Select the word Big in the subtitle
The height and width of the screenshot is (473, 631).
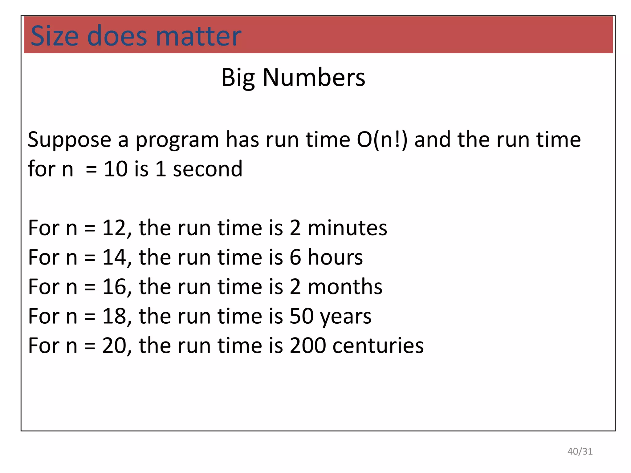[238, 78]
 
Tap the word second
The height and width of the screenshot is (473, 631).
[208, 169]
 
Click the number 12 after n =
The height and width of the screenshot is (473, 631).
[114, 228]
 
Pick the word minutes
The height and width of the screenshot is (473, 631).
[347, 228]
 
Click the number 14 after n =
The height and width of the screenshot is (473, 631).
[114, 257]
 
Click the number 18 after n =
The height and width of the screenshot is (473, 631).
[114, 316]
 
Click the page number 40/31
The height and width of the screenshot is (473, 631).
[580, 451]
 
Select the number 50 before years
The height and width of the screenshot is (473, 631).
[301, 316]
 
